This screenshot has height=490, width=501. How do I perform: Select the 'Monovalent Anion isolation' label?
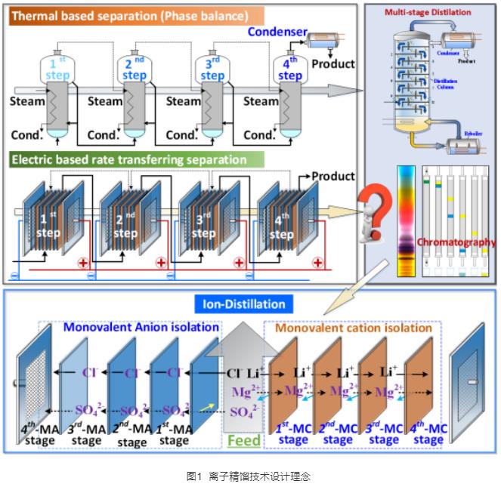coord(141,328)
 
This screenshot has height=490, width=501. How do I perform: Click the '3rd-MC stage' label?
coord(384,435)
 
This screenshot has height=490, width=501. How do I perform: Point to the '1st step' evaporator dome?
coord(57,69)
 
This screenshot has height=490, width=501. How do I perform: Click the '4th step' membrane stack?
coord(281,223)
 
